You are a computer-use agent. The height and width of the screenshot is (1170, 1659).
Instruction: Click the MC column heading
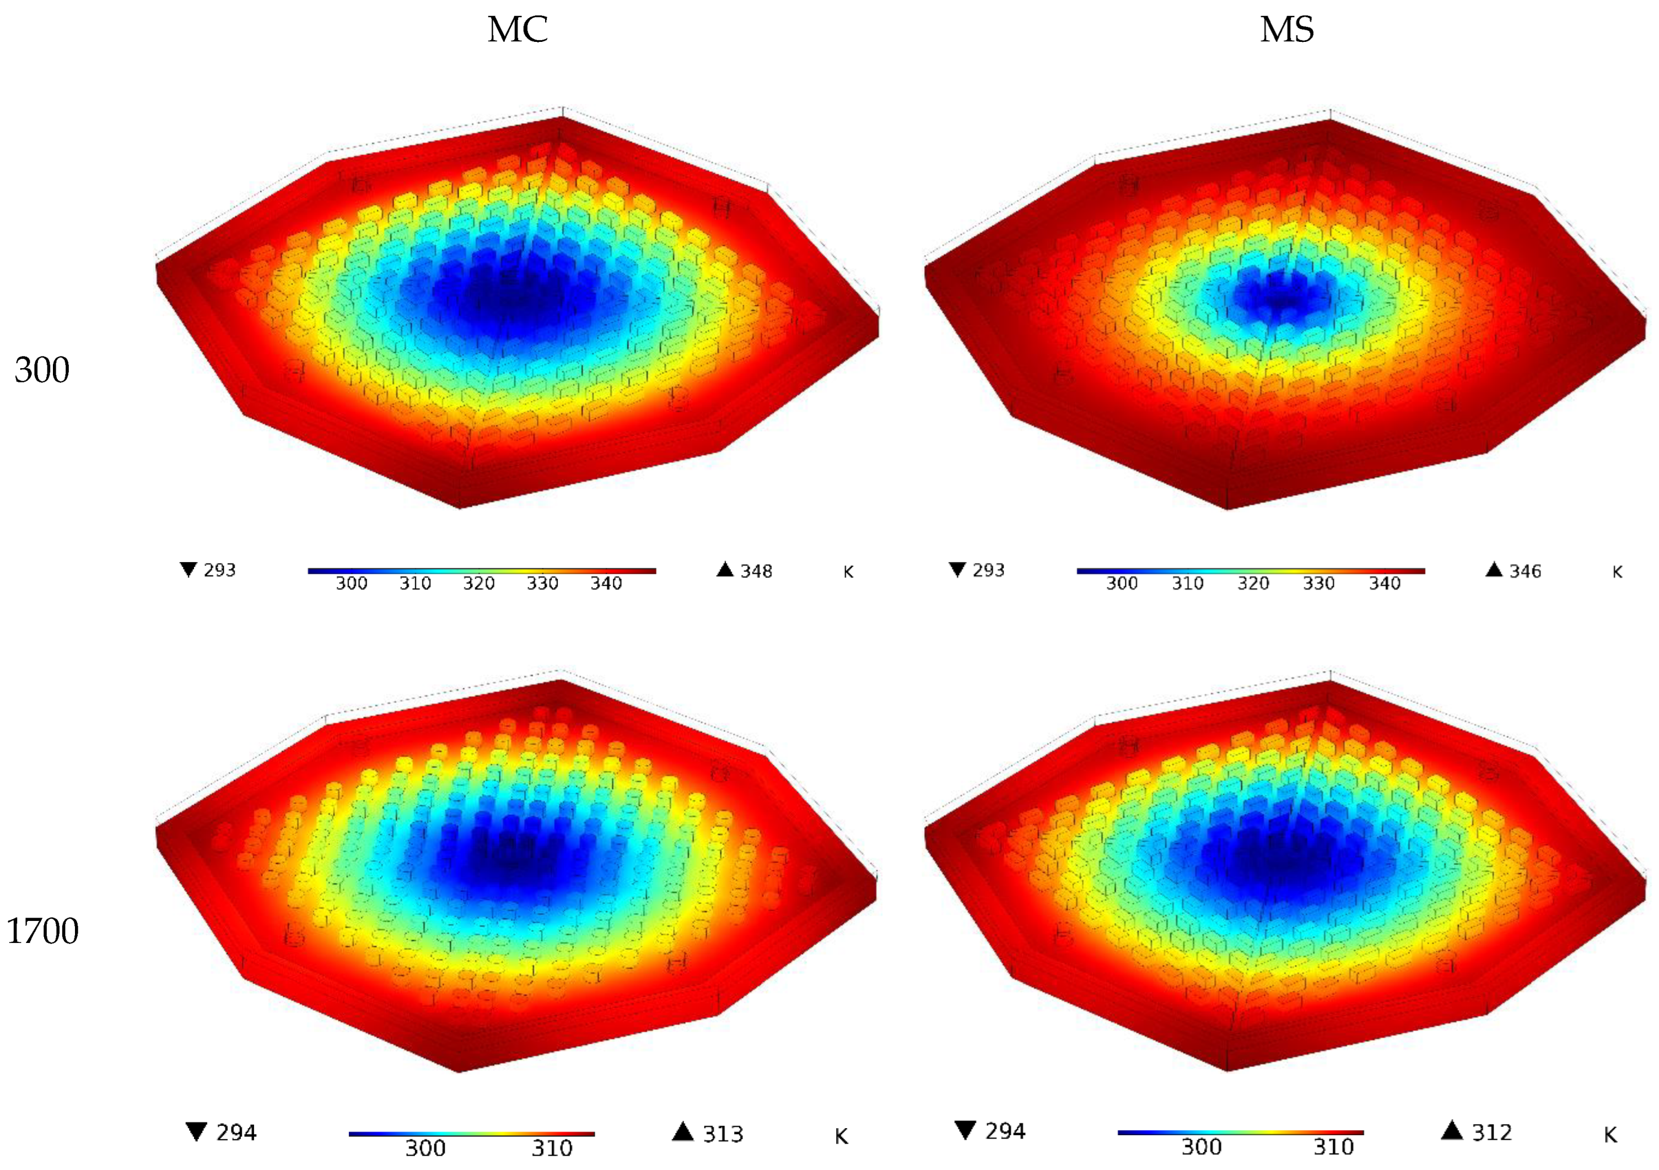(518, 30)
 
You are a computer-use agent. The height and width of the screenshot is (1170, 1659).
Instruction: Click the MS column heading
(1287, 30)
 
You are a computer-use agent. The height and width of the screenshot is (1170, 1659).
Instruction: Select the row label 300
(42, 370)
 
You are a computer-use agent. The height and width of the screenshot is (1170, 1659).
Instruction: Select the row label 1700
(42, 931)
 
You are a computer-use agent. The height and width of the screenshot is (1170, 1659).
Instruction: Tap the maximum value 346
(1525, 571)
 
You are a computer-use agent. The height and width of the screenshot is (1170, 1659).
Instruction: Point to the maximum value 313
(723, 1134)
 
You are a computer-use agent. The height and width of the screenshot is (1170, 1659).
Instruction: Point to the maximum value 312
(1492, 1133)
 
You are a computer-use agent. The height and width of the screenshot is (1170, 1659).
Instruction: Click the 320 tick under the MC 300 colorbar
(479, 583)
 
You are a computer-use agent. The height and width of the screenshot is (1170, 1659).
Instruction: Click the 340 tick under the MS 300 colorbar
(1385, 583)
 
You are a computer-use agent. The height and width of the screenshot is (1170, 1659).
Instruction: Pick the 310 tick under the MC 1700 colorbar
(552, 1147)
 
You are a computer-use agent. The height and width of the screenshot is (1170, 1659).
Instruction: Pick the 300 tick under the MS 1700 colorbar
(1201, 1146)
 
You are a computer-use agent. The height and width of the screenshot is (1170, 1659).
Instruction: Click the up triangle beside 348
(725, 569)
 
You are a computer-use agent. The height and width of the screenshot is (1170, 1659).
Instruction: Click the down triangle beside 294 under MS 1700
(965, 1130)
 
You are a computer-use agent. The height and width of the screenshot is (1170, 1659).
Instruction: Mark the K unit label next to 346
(1617, 573)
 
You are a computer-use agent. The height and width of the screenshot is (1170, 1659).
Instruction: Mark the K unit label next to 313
(841, 1137)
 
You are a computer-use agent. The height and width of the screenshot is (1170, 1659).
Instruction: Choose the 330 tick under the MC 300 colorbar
(542, 583)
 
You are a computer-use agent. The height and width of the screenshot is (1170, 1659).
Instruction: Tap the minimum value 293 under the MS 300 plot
(988, 570)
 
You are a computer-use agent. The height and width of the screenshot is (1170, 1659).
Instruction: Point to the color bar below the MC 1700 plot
(471, 1134)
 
